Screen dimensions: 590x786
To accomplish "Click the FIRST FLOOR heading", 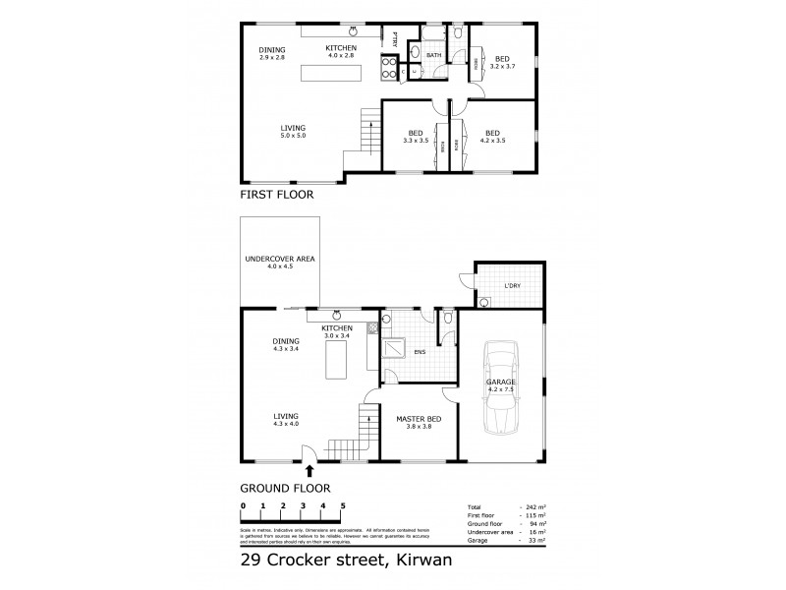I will (276, 195).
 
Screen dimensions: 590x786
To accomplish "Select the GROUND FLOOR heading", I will (285, 488).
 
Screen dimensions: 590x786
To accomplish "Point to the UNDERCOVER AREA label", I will (280, 259).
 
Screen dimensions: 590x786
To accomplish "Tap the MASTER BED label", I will (419, 419).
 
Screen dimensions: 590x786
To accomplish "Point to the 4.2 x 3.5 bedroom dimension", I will (493, 141).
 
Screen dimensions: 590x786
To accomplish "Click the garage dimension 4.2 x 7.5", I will (501, 389).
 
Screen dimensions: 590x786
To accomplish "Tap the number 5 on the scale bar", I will (343, 505).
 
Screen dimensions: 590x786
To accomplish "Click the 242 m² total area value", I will (531, 506).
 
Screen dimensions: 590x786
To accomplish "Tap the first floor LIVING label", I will (292, 128).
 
